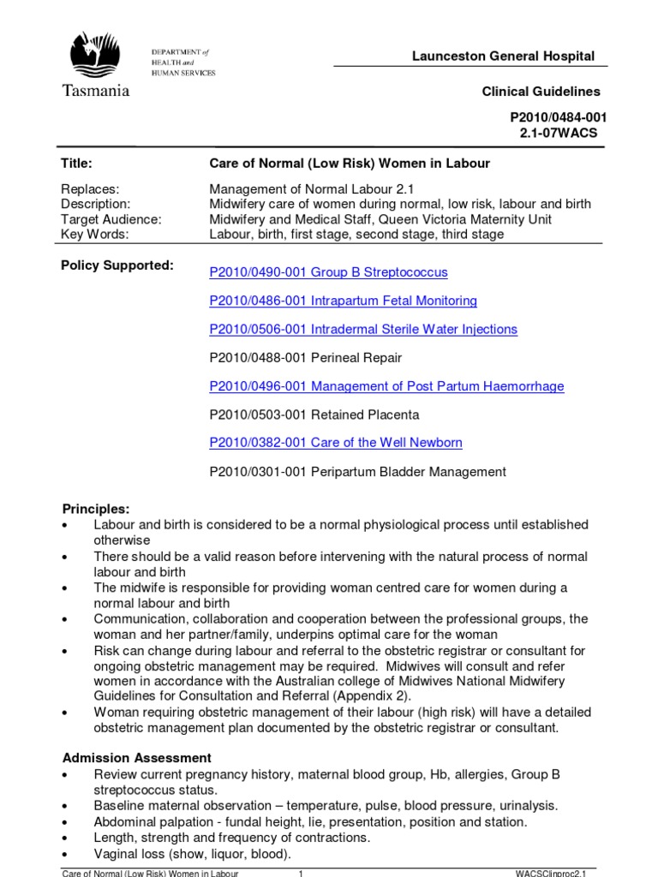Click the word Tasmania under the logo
tap(95, 90)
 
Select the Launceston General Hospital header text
tap(503, 57)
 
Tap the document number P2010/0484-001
tap(555, 117)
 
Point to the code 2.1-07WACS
tap(559, 133)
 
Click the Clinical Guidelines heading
tap(541, 92)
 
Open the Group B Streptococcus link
tap(328, 272)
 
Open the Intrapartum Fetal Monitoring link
tap(343, 301)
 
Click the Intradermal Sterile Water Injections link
tap(363, 329)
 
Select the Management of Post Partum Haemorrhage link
tap(386, 386)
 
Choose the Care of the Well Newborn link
tap(336, 443)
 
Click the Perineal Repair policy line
tap(305, 357)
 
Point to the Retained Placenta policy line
tap(314, 415)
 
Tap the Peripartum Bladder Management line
tap(357, 471)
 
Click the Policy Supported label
tap(117, 265)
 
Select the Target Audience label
tap(111, 219)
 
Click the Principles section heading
tap(96, 509)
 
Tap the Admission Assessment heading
tap(136, 758)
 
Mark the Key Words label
tap(94, 234)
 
